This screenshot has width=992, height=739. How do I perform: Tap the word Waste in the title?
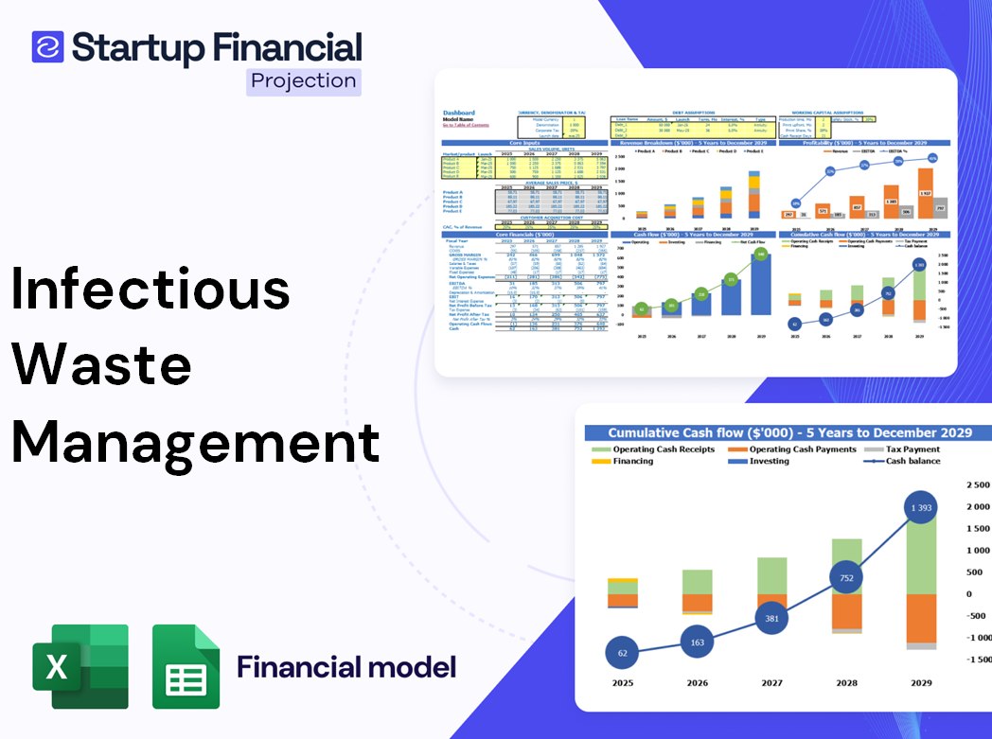(x=101, y=364)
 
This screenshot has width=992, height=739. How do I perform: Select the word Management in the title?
(x=195, y=440)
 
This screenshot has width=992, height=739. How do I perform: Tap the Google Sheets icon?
(x=186, y=666)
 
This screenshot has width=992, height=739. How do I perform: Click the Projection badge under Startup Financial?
(x=304, y=81)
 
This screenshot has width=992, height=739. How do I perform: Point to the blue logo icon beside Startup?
(x=47, y=47)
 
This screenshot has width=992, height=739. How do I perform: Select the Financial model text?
(x=346, y=667)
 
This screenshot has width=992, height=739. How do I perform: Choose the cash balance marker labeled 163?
(x=698, y=642)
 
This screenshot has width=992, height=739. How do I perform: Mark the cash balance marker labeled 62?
(x=621, y=653)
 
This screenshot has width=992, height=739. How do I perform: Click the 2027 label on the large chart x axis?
(x=771, y=682)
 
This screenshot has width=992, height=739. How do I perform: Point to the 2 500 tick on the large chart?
(x=976, y=485)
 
